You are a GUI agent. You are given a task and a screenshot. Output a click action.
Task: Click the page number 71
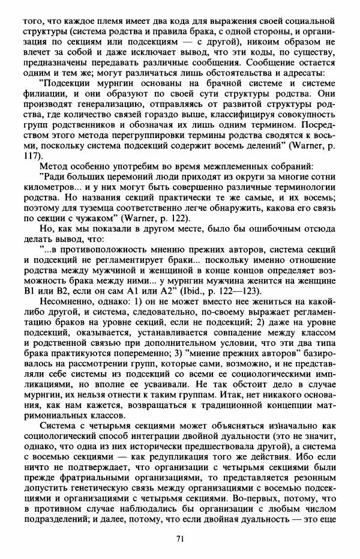tap(179, 538)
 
